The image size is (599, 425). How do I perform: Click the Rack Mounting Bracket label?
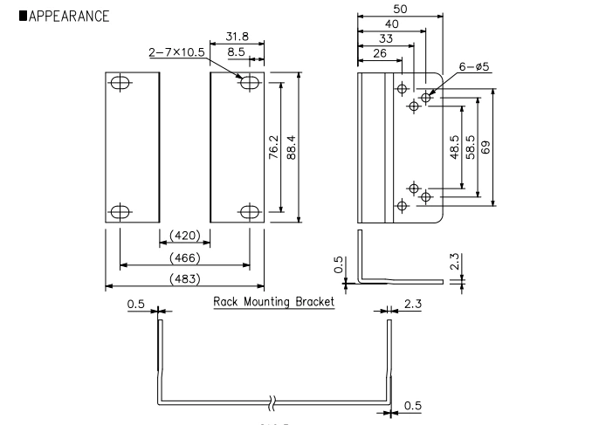click(274, 303)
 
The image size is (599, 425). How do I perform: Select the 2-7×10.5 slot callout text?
click(176, 52)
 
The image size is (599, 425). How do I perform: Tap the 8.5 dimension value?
click(236, 52)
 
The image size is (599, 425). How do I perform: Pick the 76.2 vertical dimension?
click(274, 147)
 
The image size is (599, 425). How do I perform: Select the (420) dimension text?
click(183, 236)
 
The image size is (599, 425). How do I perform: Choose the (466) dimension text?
click(184, 257)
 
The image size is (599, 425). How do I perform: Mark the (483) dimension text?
click(184, 278)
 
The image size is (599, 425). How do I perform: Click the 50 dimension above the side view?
click(401, 9)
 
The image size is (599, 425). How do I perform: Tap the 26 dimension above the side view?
click(379, 53)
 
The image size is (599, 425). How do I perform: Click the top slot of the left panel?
click(120, 84)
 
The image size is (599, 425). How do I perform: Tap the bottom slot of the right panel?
click(250, 210)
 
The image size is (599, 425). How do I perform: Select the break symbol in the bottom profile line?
click(273, 402)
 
